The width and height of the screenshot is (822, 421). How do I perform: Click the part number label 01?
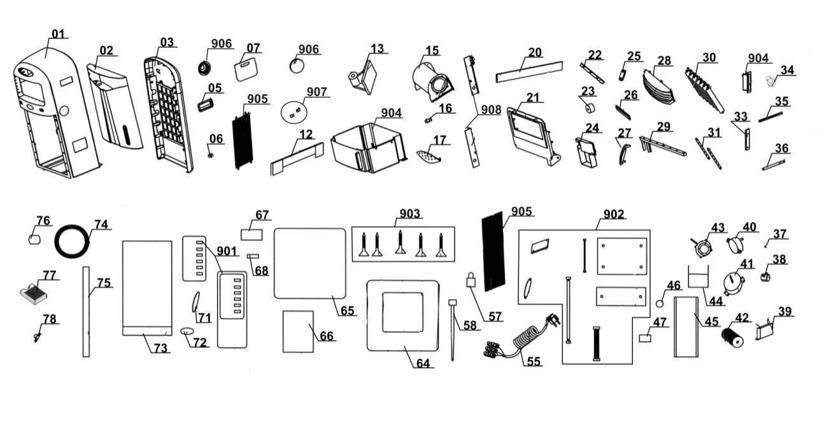point(58,34)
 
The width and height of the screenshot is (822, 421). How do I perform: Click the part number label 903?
point(409,214)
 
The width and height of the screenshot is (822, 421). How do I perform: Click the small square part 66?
point(298,331)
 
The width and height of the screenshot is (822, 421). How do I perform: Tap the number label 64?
point(423,364)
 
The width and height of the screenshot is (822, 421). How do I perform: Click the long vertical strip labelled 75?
point(86,312)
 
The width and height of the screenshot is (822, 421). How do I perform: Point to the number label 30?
point(709,58)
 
